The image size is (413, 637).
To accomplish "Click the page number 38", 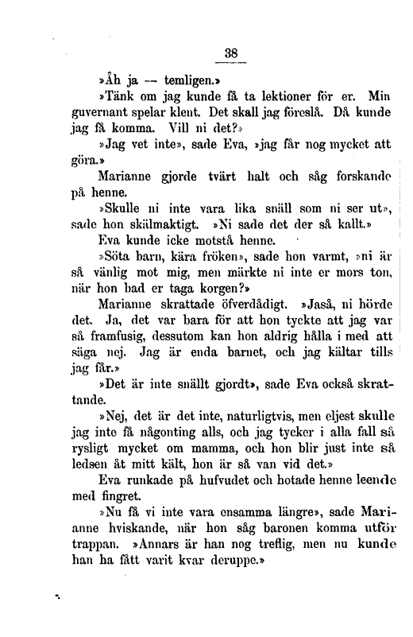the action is (x=231, y=53).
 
